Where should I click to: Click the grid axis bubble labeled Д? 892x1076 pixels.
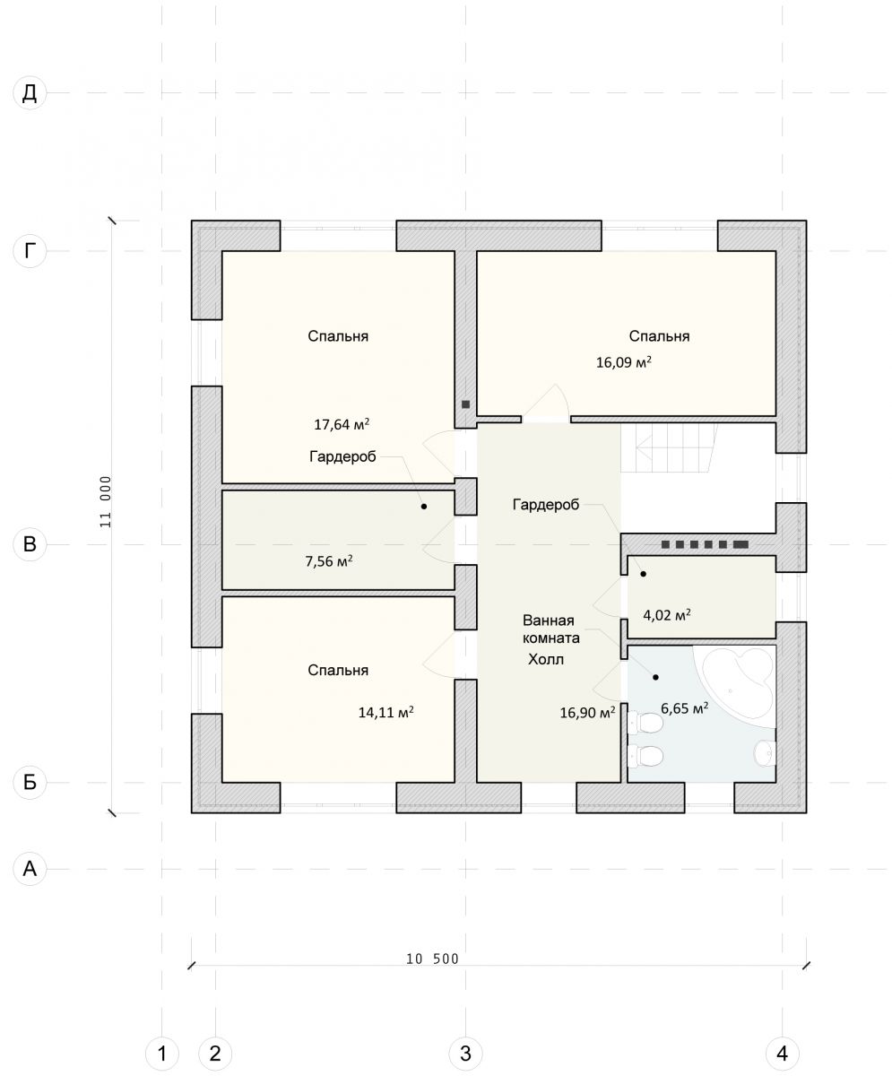[30, 93]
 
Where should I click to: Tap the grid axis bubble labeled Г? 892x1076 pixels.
[30, 251]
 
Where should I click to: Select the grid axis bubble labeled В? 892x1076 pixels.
[30, 543]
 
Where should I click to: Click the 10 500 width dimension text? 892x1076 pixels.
[432, 959]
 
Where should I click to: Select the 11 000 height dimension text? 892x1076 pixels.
[105, 501]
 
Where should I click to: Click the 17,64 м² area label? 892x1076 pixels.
[342, 424]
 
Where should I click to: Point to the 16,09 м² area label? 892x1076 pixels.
[624, 361]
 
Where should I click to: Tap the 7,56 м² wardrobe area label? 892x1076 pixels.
[329, 560]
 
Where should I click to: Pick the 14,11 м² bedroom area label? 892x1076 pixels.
[386, 712]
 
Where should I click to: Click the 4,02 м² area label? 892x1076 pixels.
[667, 615]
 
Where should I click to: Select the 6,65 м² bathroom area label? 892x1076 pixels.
[684, 708]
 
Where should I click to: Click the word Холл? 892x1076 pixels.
[546, 659]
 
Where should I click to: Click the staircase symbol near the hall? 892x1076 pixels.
[669, 447]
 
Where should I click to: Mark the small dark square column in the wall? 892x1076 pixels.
[465, 404]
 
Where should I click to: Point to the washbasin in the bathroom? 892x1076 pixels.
[766, 754]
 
